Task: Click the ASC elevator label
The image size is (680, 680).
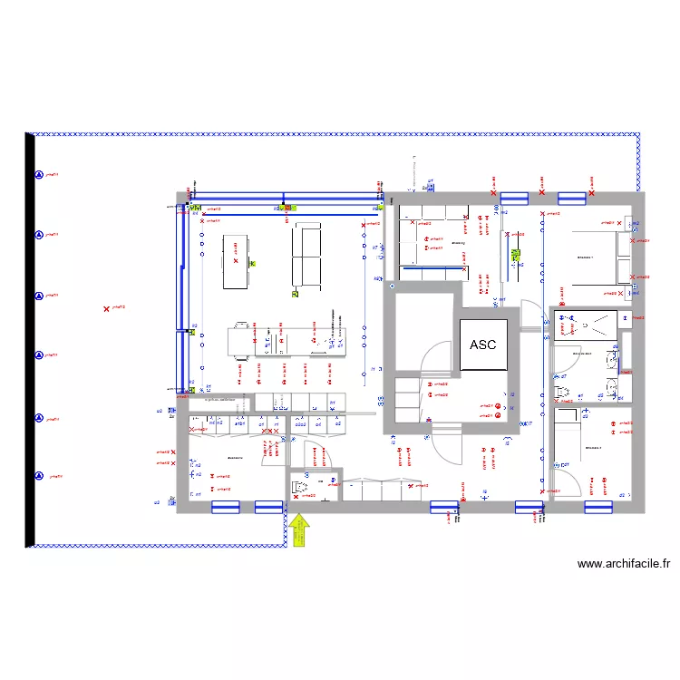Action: [482, 345]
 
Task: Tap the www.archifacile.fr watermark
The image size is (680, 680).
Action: [625, 564]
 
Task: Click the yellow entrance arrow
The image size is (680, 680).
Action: [299, 531]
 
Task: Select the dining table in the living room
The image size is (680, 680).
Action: [235, 261]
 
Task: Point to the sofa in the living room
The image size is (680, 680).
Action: [306, 256]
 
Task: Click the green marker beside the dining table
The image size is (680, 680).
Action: [253, 263]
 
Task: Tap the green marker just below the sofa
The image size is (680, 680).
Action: [296, 294]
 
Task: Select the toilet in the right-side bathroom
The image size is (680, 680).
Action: [561, 391]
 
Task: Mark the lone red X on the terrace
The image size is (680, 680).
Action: [107, 309]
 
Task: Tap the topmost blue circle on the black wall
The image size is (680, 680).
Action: [39, 175]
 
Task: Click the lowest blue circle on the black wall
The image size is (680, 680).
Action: [39, 476]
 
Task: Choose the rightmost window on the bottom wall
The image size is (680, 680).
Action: [598, 507]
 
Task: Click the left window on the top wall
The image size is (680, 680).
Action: [514, 198]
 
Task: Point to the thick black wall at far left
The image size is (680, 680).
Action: [30, 340]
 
